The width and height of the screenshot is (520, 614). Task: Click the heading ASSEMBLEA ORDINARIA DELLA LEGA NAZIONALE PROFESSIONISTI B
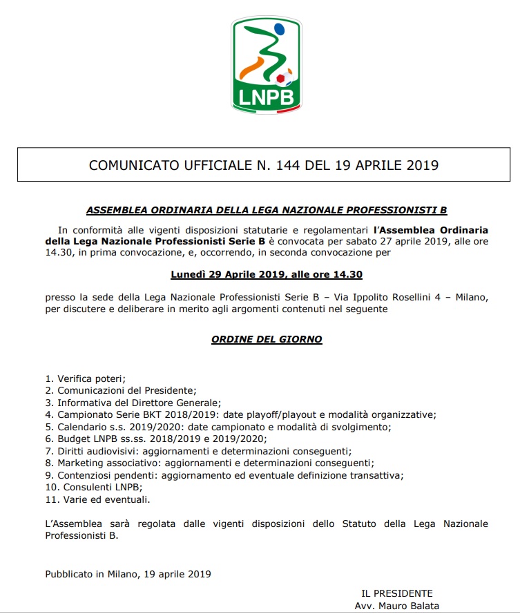coord(267,210)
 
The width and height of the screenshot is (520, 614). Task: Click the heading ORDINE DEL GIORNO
coord(267,339)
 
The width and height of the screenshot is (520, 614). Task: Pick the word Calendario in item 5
coord(81,427)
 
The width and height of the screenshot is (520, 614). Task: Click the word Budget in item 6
coord(73,439)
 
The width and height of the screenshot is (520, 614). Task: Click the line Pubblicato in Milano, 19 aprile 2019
coord(128,573)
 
